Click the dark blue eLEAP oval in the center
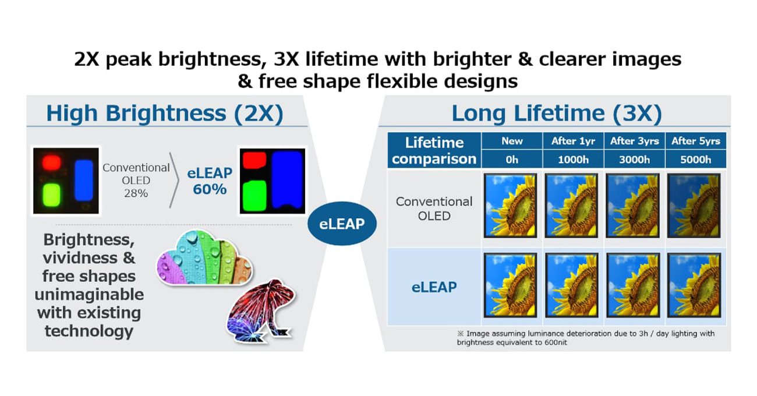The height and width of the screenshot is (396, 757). coord(342,224)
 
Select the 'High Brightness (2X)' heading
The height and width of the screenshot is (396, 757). coord(165,113)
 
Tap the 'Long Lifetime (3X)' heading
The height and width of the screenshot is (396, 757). coord(557,113)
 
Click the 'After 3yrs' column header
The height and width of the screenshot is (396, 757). coord(634,141)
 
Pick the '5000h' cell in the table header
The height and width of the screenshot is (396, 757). coord(695,160)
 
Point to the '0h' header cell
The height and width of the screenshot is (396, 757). coord(512,160)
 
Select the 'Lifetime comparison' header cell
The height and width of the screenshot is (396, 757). coord(434,150)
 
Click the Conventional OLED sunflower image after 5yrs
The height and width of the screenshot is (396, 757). coord(694,206)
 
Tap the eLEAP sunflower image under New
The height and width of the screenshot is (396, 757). coord(510,285)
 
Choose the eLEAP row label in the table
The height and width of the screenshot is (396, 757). coord(434,287)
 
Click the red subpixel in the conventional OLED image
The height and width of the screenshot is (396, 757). coord(51,162)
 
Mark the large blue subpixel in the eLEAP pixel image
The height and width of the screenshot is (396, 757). coord(287,179)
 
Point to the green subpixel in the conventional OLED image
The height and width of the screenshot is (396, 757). coord(52,195)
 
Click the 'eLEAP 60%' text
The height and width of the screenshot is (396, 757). coord(210,181)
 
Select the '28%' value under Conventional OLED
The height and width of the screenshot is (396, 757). coord(136,193)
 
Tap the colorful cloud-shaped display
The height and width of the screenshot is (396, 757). coord(204,257)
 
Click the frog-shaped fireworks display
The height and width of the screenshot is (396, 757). coord(260,311)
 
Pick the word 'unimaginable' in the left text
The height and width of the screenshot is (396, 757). coord(89,295)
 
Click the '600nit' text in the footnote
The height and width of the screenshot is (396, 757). coord(556,342)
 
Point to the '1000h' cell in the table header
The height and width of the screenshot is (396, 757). coord(573,160)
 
